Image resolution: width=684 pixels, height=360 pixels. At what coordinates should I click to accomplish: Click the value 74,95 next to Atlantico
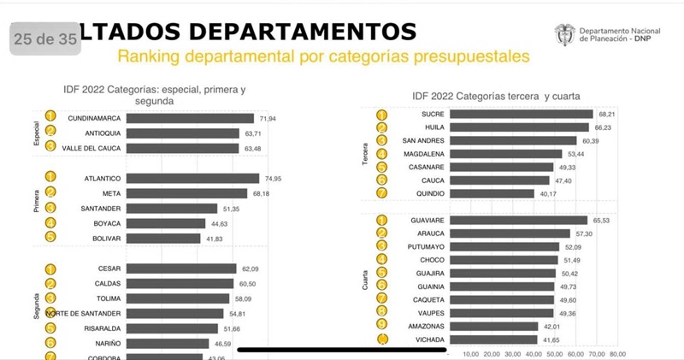pyautogui.click(x=274, y=179)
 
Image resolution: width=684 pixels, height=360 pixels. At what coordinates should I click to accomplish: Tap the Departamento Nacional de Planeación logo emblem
pyautogui.click(x=564, y=34)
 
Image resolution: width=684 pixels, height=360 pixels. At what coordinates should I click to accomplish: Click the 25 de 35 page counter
pyautogui.click(x=44, y=38)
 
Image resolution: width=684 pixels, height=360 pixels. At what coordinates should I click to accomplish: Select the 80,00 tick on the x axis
pyautogui.click(x=616, y=353)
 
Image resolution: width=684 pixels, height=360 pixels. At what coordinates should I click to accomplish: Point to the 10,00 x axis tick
pyautogui.click(x=470, y=353)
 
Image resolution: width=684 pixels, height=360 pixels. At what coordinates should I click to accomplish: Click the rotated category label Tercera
pyautogui.click(x=366, y=154)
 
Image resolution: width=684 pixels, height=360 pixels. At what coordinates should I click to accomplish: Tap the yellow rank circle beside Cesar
pyautogui.click(x=50, y=269)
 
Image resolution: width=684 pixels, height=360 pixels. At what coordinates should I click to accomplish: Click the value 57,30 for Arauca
pyautogui.click(x=585, y=233)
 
